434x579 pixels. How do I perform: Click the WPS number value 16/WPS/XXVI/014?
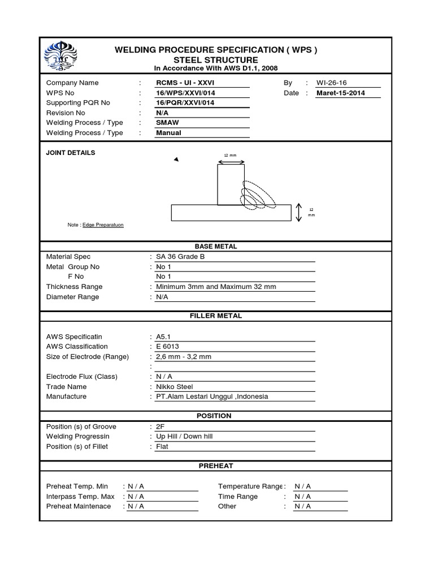click(185, 93)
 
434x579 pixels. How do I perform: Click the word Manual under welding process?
click(168, 133)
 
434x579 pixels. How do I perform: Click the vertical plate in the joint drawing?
click(231, 184)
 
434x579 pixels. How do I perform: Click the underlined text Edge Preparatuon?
click(103, 225)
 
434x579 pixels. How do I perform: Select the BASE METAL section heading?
click(216, 247)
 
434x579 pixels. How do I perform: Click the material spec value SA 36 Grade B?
click(180, 257)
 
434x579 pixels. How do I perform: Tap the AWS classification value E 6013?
click(169, 346)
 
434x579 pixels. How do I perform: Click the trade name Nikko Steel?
click(175, 386)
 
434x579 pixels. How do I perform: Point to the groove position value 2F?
click(160, 426)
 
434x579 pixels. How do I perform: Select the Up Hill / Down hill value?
click(185, 437)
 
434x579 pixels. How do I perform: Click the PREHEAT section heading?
click(216, 466)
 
